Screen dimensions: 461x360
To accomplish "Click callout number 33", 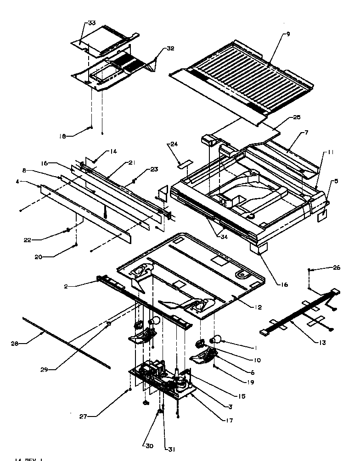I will point(92,23).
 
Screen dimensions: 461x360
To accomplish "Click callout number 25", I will point(296,117).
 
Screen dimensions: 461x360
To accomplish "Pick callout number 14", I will point(113,152).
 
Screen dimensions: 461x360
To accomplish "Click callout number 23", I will point(154,169).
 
